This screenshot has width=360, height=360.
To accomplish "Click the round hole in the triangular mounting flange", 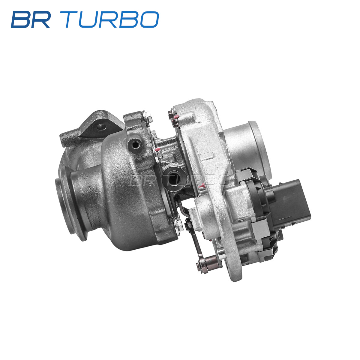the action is click(102, 127).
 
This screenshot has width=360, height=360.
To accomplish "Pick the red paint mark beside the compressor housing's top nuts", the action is click(176, 117).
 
